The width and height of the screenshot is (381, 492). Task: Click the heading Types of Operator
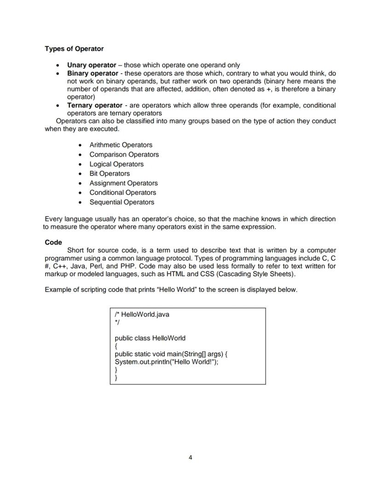pos(74,49)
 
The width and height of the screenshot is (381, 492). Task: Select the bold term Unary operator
pos(92,65)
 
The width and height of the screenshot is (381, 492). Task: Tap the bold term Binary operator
pos(92,74)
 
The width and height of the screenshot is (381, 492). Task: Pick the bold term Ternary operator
pos(95,105)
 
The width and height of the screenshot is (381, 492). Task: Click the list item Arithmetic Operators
pos(121,145)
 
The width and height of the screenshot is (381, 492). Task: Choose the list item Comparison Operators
pos(124,155)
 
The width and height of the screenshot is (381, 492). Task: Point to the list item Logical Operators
pos(116,164)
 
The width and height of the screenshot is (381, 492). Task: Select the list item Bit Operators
pos(110,174)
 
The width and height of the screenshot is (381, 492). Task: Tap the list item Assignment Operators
pos(123,183)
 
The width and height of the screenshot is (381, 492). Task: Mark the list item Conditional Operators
pos(122,193)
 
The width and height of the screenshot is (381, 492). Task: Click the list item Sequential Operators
pos(121,203)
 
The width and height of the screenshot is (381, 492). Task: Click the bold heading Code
pos(53,243)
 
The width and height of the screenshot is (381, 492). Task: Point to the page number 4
pos(190,458)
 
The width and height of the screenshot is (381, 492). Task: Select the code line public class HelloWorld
pos(150,339)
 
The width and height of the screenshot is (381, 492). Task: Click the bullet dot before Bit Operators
pos(81,174)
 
